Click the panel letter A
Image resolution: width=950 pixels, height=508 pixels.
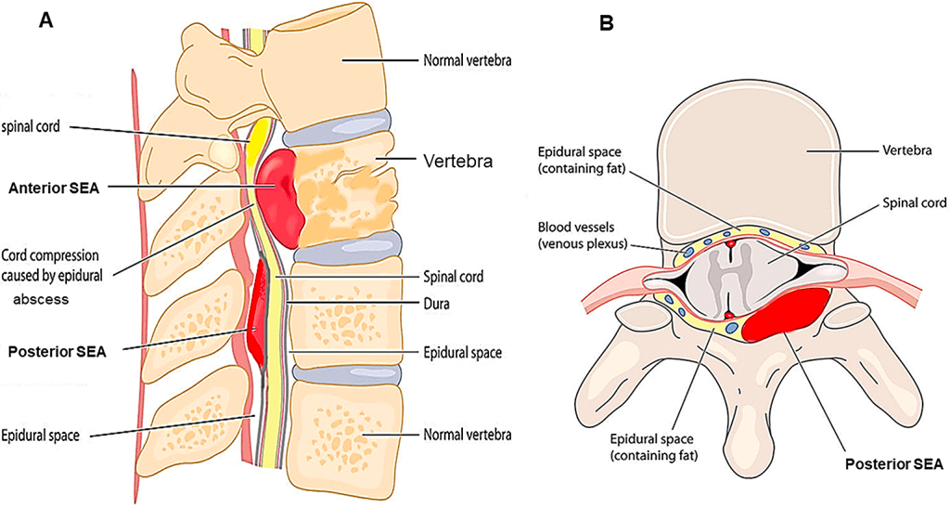coord(45,21)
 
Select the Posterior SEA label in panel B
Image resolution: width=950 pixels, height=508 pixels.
coord(894,463)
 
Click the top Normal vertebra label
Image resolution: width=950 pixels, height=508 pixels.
coord(468,61)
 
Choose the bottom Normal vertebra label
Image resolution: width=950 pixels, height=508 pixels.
coord(468,434)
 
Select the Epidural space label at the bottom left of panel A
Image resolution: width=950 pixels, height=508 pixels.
coord(45,434)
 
